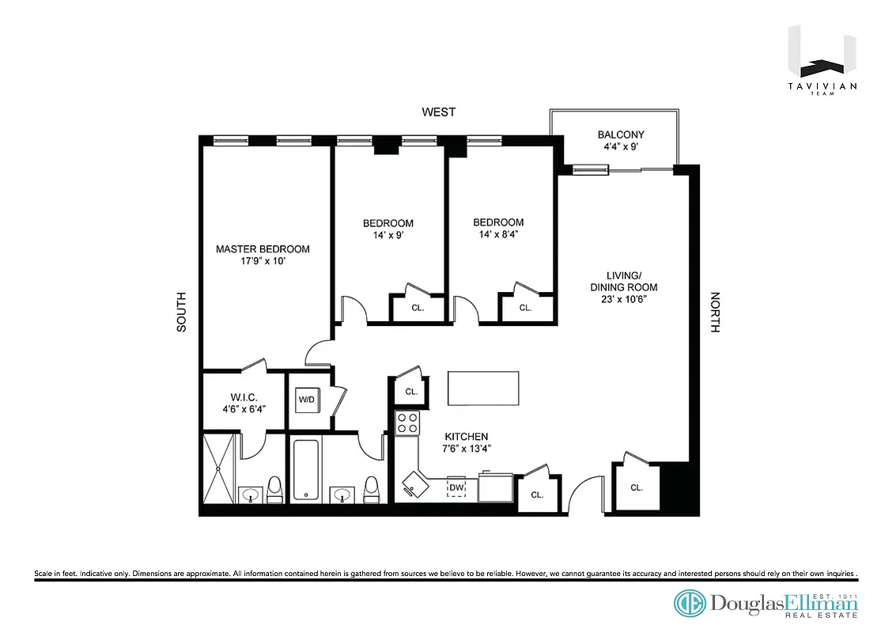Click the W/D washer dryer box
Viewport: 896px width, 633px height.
pyautogui.click(x=306, y=400)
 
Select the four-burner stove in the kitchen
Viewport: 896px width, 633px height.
pyautogui.click(x=406, y=423)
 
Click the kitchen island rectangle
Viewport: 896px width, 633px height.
pyautogui.click(x=483, y=389)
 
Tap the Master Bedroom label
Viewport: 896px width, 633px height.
pyautogui.click(x=263, y=249)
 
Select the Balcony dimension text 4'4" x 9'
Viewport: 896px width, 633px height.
pyautogui.click(x=620, y=146)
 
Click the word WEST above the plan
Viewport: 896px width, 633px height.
pyautogui.click(x=438, y=112)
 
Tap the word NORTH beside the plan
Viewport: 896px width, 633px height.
pyautogui.click(x=715, y=312)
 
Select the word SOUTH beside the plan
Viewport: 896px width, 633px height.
pyautogui.click(x=181, y=312)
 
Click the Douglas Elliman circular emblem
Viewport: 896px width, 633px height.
pyautogui.click(x=690, y=603)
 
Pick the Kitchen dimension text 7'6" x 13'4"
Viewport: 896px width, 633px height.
pyautogui.click(x=466, y=448)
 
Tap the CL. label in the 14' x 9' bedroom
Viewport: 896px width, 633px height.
pyautogui.click(x=418, y=309)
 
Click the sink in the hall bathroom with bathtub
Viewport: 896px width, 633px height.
pyautogui.click(x=342, y=495)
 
